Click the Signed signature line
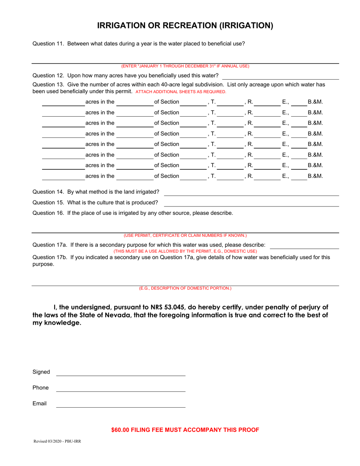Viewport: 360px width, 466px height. point(121,373)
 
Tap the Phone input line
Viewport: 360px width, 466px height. point(121,388)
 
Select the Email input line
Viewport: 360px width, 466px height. point(121,404)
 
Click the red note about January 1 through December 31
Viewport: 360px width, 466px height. point(185,66)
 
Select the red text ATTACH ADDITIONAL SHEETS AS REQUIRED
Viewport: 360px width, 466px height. point(181,92)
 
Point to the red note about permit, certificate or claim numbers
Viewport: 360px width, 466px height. point(185,235)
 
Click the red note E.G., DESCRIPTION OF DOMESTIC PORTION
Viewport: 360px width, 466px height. point(185,288)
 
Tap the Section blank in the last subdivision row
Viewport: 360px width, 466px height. point(193,177)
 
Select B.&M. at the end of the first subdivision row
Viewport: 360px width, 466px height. point(315,102)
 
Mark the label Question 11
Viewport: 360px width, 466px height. point(49,44)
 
